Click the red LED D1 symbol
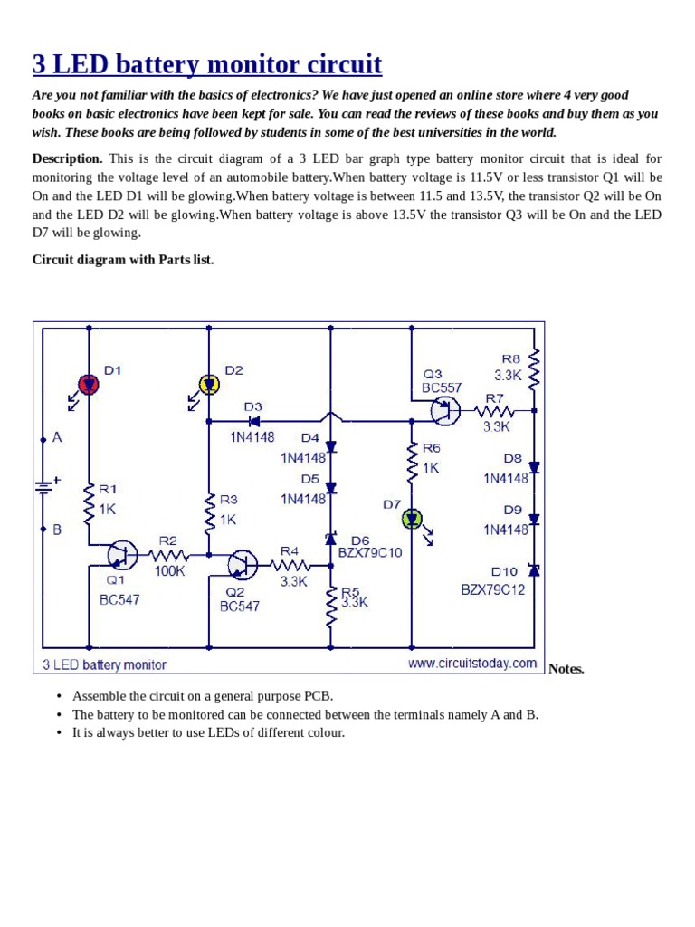click(x=89, y=384)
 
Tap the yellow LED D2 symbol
click(x=209, y=385)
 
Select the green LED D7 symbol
click(x=413, y=519)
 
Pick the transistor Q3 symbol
click(x=443, y=412)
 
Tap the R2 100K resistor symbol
click(x=167, y=554)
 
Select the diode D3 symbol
click(x=254, y=420)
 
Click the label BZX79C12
click(x=492, y=590)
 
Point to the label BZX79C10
click(x=369, y=553)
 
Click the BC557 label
click(x=442, y=387)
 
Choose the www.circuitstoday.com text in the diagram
click(x=472, y=664)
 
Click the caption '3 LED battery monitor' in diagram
click(x=105, y=664)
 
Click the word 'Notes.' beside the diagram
click(x=566, y=669)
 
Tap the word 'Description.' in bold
click(x=68, y=158)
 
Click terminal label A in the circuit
click(x=57, y=437)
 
